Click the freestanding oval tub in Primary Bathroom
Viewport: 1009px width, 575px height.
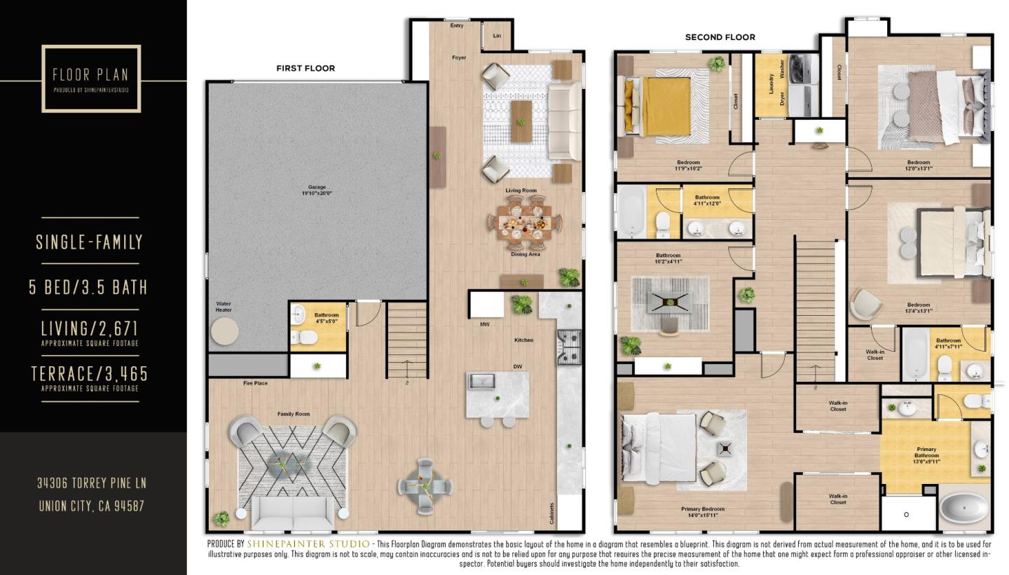(x=964, y=509)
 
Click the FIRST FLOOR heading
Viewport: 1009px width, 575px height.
(x=306, y=68)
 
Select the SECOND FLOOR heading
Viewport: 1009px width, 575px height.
(x=720, y=37)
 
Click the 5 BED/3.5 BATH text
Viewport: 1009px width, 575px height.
(x=88, y=287)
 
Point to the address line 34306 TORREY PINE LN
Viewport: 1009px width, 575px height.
(x=91, y=483)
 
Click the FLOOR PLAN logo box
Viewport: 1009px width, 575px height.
(x=91, y=78)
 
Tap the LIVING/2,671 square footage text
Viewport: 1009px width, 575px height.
(x=89, y=328)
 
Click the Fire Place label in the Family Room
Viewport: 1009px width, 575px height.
(x=255, y=383)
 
